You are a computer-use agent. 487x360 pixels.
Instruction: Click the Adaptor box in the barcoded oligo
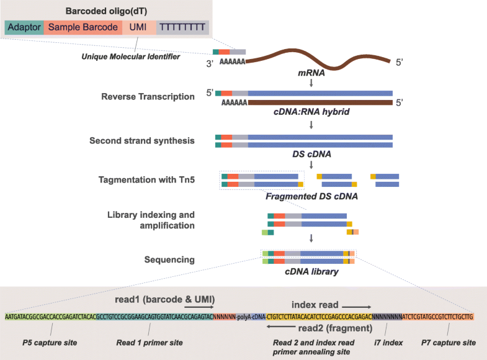tap(24, 28)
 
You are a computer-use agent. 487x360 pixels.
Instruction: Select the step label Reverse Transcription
tap(148, 96)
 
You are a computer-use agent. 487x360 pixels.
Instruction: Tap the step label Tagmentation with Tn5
tap(146, 181)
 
